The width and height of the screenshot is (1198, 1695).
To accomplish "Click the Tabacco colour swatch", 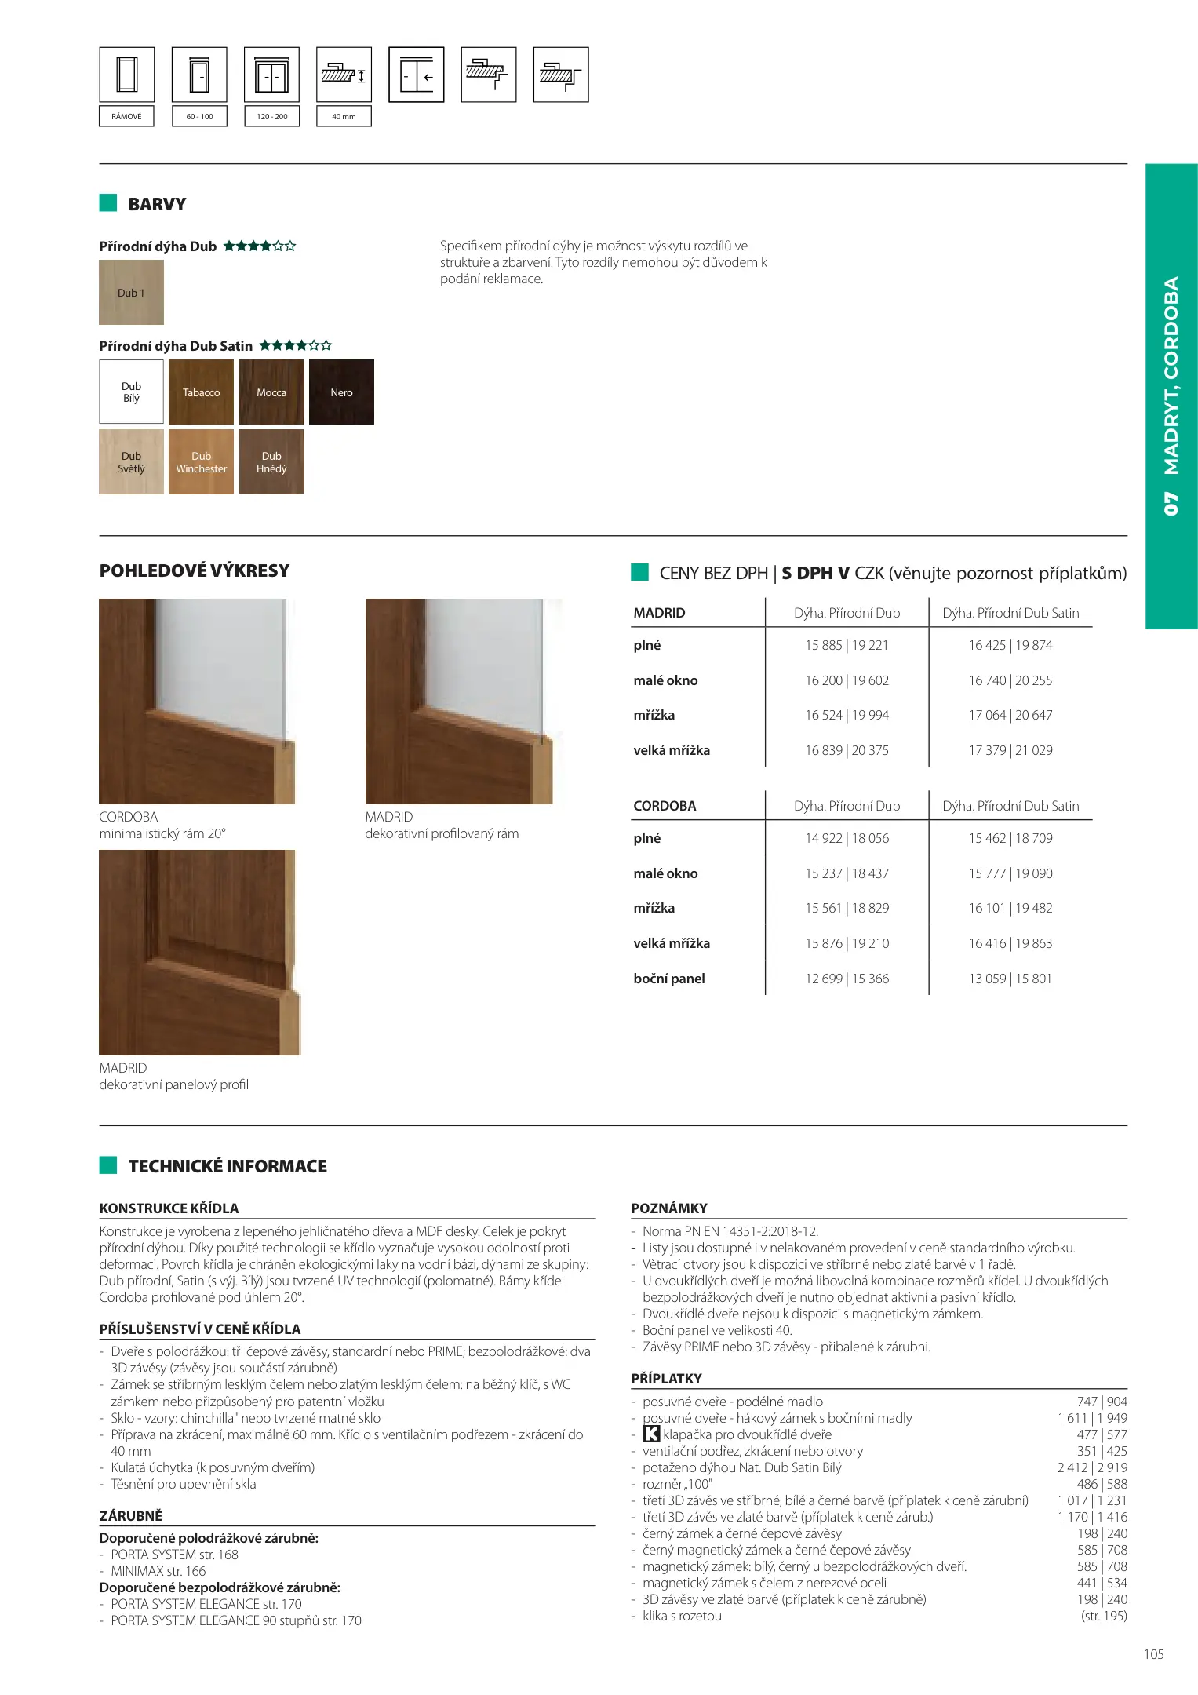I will pyautogui.click(x=201, y=392).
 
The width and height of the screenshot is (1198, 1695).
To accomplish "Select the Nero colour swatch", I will pyautogui.click(x=341, y=392).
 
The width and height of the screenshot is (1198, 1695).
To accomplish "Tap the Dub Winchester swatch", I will pyautogui.click(x=201, y=462).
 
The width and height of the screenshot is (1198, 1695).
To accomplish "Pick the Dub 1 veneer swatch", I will pyautogui.click(x=131, y=293).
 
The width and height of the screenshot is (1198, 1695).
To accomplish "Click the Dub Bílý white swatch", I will pyautogui.click(x=131, y=392).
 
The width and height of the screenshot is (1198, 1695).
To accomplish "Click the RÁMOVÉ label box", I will pyautogui.click(x=126, y=116).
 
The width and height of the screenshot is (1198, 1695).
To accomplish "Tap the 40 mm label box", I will pyautogui.click(x=344, y=116).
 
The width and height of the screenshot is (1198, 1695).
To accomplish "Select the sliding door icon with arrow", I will pyautogui.click(x=417, y=75).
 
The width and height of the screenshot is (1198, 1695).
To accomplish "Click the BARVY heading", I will pyautogui.click(x=157, y=204).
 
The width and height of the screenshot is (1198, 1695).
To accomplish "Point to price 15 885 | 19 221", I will pyautogui.click(x=847, y=645).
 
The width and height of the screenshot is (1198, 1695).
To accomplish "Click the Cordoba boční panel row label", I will pyautogui.click(x=669, y=979).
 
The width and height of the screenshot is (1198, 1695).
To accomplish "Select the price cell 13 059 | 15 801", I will pyautogui.click(x=1010, y=979).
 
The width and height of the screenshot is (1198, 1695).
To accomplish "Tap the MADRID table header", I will pyautogui.click(x=659, y=613).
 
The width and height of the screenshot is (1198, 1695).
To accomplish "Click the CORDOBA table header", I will pyautogui.click(x=665, y=806).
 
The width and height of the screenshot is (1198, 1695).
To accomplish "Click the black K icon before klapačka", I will pyautogui.click(x=651, y=1434).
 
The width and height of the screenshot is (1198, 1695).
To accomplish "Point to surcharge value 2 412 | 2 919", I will pyautogui.click(x=1092, y=1467).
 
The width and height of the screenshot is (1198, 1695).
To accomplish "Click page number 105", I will pyautogui.click(x=1153, y=1654).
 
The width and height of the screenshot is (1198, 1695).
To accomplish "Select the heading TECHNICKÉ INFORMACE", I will pyautogui.click(x=228, y=1166).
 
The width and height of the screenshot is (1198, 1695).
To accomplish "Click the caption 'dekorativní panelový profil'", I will pyautogui.click(x=174, y=1084).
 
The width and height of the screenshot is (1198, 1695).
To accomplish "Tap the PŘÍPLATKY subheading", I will pyautogui.click(x=666, y=1379).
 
